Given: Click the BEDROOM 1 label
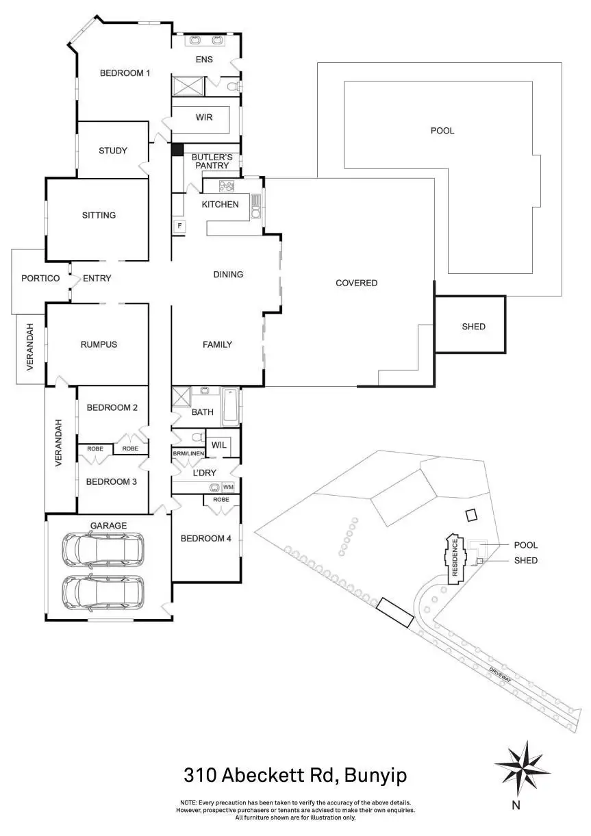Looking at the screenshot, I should tap(125, 73).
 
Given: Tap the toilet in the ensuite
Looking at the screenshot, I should tap(232, 86).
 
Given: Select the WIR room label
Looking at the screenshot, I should tap(204, 117).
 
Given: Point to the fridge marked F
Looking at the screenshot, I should tap(179, 225).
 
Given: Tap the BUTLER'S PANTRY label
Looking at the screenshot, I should tap(212, 161).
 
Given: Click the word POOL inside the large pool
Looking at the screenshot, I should tap(442, 130).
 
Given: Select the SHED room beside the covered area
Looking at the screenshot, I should tap(473, 327).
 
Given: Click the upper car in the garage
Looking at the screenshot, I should tap(103, 549).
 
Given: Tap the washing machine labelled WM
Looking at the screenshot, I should tap(227, 487).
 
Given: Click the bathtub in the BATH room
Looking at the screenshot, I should tap(230, 406).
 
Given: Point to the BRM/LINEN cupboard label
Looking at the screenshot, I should tap(188, 453).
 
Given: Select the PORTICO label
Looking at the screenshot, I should tap(40, 278).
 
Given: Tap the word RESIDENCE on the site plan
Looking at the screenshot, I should tap(454, 558).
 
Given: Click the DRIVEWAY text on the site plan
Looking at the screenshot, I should tap(502, 676).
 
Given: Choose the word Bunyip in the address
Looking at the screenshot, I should tap(375, 776).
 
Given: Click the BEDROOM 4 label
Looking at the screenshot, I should tap(205, 538).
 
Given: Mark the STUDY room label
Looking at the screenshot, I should tap(112, 151).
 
